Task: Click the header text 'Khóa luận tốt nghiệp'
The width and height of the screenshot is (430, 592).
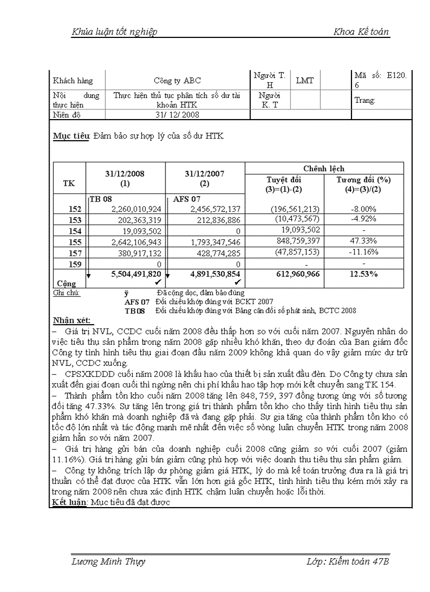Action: [x=114, y=32]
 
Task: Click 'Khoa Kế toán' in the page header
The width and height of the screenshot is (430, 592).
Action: [x=361, y=32]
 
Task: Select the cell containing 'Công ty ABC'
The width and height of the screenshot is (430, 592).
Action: [x=177, y=81]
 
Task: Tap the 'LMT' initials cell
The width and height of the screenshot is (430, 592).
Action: [x=305, y=81]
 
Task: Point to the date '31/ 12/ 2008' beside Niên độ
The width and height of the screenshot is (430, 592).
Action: [x=177, y=114]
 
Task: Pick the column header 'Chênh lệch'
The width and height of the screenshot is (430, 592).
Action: [x=324, y=169]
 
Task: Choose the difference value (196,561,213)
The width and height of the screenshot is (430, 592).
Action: [x=295, y=209]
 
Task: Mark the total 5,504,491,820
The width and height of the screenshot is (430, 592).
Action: [x=136, y=274]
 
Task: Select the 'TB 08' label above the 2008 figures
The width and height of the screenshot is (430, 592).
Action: [x=101, y=199]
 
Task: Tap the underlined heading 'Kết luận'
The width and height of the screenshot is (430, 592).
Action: [x=70, y=502]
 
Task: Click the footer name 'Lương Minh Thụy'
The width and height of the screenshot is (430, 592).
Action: [x=108, y=561]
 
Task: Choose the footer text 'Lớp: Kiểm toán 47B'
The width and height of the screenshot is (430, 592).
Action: [x=347, y=561]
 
